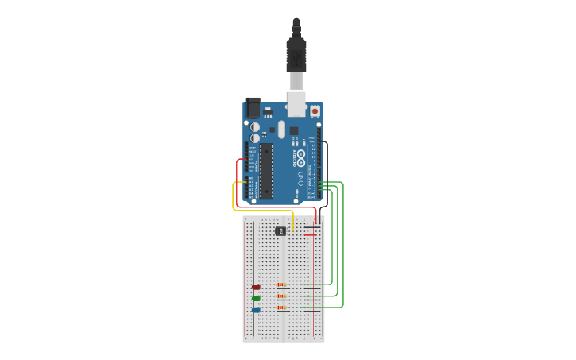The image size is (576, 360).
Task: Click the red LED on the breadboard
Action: tap(256, 287)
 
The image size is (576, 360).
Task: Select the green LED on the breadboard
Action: tap(256, 298)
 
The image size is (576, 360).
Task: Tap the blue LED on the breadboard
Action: tap(256, 310)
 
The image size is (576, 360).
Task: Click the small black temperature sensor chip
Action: tap(280, 231)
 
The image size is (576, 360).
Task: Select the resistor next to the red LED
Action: tap(280, 285)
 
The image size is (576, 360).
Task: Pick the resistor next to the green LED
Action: tap(280, 296)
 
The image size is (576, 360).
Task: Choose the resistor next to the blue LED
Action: tap(280, 307)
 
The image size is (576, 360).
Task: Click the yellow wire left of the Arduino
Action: tap(233, 197)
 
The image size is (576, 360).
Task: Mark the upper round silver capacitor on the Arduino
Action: tap(254, 126)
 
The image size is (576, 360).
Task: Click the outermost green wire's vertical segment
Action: tap(343, 246)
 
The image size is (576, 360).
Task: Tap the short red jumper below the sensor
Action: tap(310, 235)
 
